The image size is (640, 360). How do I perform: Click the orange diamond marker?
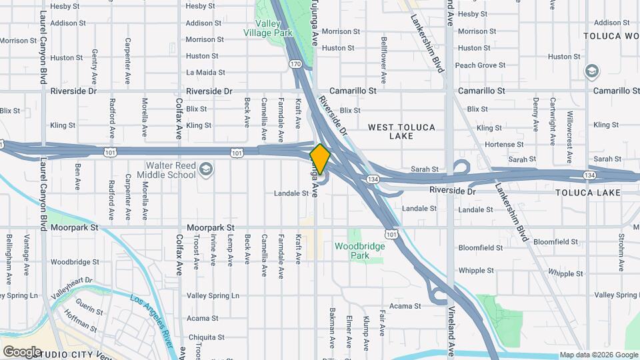tap(320, 159)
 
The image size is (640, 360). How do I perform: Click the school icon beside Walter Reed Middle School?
tap(206, 168)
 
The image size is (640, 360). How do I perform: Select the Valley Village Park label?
tap(267, 28)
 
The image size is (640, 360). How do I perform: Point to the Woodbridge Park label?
tap(360, 251)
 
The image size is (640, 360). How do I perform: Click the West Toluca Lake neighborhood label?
tap(401, 131)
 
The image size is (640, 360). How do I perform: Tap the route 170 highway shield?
tap(296, 64)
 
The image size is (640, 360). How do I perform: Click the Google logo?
tap(22, 351)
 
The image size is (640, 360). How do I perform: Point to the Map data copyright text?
tap(598, 355)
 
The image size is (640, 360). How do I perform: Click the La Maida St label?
tap(202, 73)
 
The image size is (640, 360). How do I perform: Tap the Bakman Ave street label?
tap(331, 328)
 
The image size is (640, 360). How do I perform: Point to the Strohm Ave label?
tap(621, 248)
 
